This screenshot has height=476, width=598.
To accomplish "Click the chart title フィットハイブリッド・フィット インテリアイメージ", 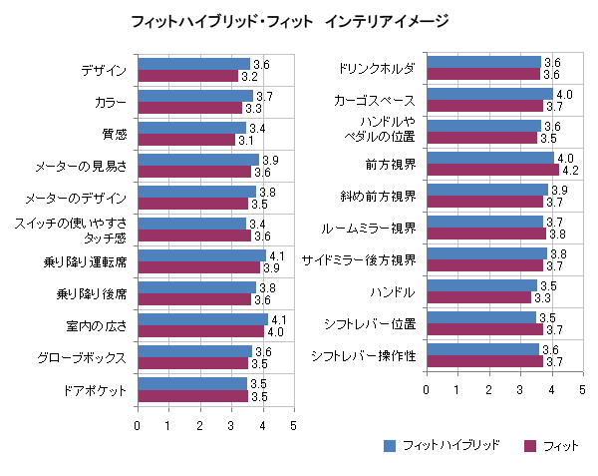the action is pyautogui.click(x=290, y=21).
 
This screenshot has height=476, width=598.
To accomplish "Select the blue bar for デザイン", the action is pyautogui.click(x=194, y=64).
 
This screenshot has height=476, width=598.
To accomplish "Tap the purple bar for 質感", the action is pyautogui.click(x=187, y=140).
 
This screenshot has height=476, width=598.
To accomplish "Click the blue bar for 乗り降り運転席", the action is pyautogui.click(x=202, y=255).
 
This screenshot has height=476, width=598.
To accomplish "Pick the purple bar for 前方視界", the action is pyautogui.click(x=493, y=170).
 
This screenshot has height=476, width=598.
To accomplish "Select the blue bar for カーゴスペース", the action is pyautogui.click(x=490, y=94).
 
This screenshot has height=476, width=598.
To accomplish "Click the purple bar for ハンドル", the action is pyautogui.click(x=479, y=297).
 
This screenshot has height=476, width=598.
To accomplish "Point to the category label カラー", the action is pyautogui.click(x=111, y=103).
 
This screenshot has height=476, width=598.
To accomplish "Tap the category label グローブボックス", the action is pyautogui.click(x=82, y=358).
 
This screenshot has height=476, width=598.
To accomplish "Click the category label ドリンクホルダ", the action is pyautogui.click(x=377, y=69).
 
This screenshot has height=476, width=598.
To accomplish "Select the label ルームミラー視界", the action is pyautogui.click(x=368, y=229).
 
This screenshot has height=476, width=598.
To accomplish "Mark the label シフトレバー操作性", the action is pyautogui.click(x=364, y=356).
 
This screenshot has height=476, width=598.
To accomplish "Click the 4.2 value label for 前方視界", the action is pyautogui.click(x=570, y=171).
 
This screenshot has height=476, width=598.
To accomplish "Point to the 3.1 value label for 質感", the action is pyautogui.click(x=246, y=141).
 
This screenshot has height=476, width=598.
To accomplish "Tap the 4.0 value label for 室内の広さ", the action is pyautogui.click(x=275, y=332).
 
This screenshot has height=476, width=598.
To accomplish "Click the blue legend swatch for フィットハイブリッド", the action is pyautogui.click(x=390, y=446).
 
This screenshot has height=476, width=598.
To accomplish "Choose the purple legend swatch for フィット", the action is pyautogui.click(x=530, y=446).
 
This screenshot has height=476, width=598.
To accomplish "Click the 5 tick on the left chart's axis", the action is pyautogui.click(x=293, y=426).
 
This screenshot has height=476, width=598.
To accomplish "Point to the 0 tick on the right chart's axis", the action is pyautogui.click(x=427, y=390).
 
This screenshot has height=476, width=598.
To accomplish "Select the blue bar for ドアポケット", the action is pyautogui.click(x=192, y=383).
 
